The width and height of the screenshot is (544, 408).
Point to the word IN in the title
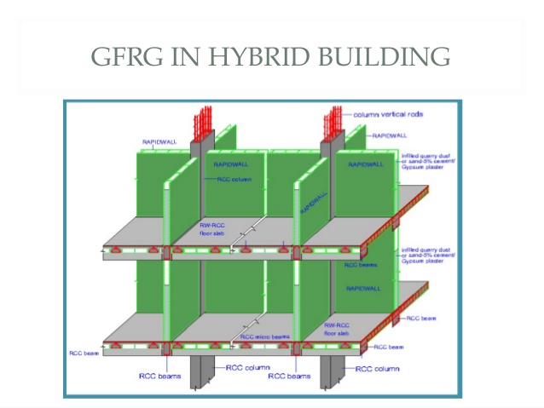click(x=183, y=57)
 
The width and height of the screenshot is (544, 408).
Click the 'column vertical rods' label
click(x=388, y=113)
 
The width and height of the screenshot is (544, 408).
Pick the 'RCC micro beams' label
click(x=264, y=336)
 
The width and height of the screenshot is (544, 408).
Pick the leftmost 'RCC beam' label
click(x=84, y=351)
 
